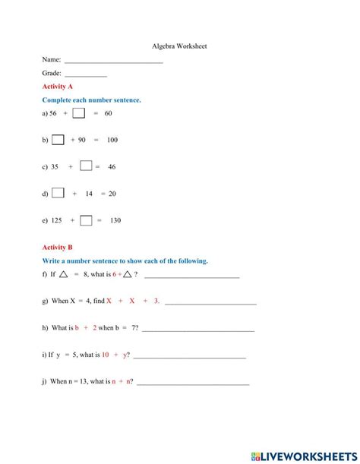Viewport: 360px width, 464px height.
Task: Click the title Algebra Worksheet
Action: click(x=179, y=46)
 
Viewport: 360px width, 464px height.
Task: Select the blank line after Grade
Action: click(x=86, y=75)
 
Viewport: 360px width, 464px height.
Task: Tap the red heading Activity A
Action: click(x=58, y=87)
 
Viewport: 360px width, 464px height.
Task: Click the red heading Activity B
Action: click(x=58, y=248)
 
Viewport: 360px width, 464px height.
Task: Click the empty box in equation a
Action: click(x=79, y=113)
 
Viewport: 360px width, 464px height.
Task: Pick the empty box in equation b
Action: click(x=58, y=140)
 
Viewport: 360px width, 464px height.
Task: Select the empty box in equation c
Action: click(x=86, y=166)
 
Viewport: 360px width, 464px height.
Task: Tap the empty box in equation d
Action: click(x=58, y=194)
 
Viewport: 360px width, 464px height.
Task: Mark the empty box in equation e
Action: click(x=86, y=221)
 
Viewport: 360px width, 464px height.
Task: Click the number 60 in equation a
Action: click(x=108, y=114)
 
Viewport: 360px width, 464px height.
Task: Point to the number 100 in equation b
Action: click(x=112, y=140)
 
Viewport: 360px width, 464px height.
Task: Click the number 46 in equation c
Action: click(x=112, y=167)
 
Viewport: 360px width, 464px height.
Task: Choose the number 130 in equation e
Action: click(x=115, y=221)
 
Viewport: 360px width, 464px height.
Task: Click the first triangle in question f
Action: click(x=65, y=274)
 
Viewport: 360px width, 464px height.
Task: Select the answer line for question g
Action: click(x=210, y=303)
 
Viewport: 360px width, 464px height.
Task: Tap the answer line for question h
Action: click(x=198, y=330)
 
